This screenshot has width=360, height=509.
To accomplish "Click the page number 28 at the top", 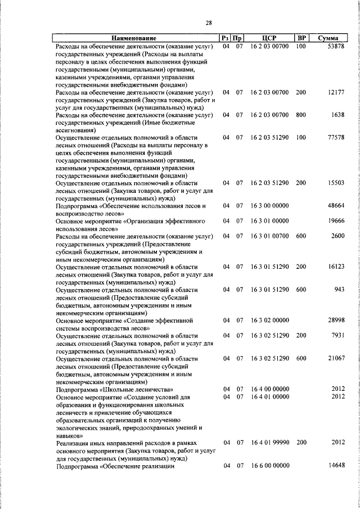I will pyautogui.click(x=209, y=22).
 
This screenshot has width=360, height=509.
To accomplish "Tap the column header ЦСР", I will pyautogui.click(x=269, y=38).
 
